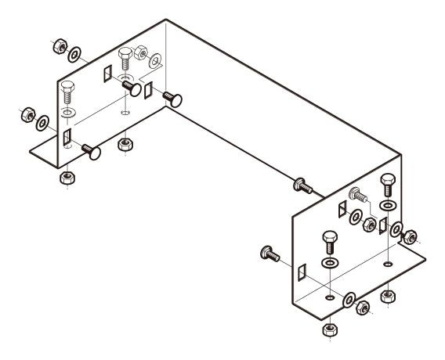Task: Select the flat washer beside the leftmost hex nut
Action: click(x=42, y=122)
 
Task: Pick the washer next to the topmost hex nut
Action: click(x=75, y=54)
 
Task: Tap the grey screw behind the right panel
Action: click(x=355, y=193)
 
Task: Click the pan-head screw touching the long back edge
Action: click(x=302, y=185)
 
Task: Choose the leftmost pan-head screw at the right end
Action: click(x=268, y=253)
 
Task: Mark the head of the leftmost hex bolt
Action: click(x=67, y=88)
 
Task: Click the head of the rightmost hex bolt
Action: click(x=388, y=182)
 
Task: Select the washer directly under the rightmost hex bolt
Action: click(x=388, y=206)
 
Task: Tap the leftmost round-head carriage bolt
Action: click(x=92, y=152)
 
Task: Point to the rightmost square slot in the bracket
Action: click(x=383, y=225)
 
